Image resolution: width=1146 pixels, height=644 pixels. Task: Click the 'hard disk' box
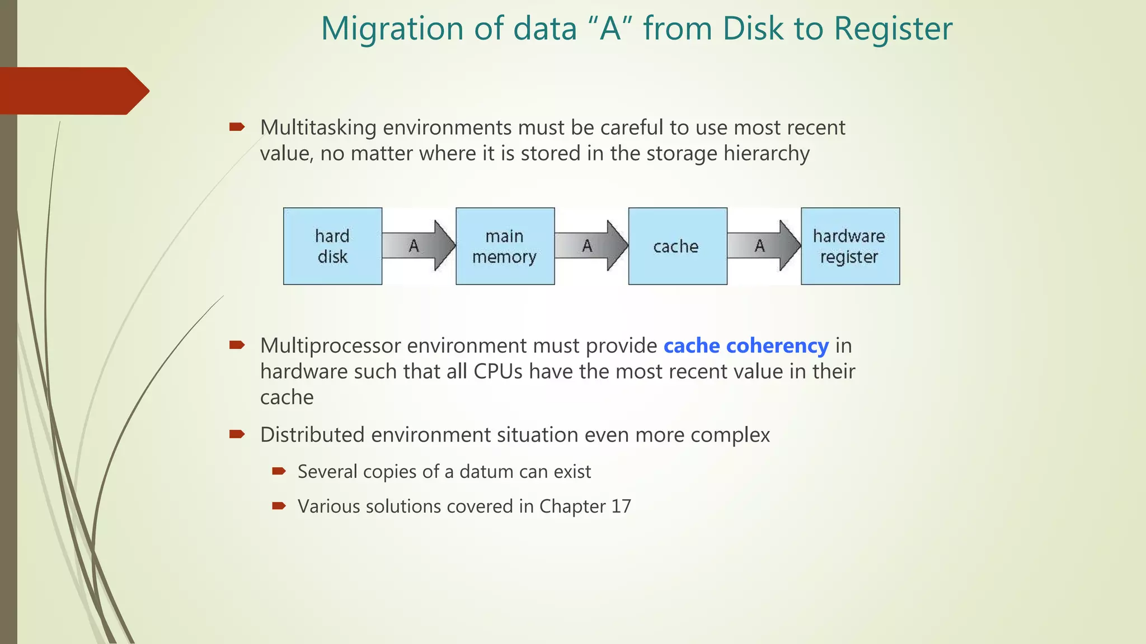coord(332,246)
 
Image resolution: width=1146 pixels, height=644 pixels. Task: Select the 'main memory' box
coord(505,246)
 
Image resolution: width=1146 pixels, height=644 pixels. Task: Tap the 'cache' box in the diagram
coord(677,246)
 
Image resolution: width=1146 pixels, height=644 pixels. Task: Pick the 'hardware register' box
coord(850,246)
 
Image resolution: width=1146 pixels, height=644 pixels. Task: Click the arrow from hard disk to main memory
coord(419,245)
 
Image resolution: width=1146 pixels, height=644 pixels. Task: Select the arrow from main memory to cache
coord(591,245)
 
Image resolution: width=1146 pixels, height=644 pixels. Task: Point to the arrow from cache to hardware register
coord(764,245)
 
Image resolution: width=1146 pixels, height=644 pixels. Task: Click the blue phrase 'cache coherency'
coord(746,346)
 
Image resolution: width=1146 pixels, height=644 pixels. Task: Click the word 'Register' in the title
coord(893,29)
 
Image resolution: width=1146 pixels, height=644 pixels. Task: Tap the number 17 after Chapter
coord(621,506)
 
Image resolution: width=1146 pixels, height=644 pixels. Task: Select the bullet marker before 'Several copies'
coord(279,472)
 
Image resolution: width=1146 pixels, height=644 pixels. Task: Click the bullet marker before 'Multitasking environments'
coord(237,127)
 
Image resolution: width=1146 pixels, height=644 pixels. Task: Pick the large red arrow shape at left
coord(73,91)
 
